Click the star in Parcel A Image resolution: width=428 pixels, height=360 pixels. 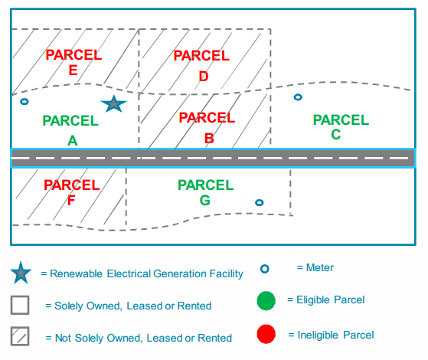click(114, 104)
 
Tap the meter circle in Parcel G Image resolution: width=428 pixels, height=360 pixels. click(260, 202)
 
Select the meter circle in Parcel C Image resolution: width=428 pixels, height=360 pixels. click(298, 97)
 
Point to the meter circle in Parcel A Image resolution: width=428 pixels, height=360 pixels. click(25, 102)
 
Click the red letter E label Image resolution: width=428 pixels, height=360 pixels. click(74, 70)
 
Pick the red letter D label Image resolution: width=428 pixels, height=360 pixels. click(204, 76)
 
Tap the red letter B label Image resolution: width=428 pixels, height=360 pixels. click(209, 138)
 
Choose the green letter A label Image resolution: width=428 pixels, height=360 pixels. click(73, 141)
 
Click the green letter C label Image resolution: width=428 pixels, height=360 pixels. click(336, 134)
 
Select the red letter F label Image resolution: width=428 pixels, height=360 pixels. click(71, 200)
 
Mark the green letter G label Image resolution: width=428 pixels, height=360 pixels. click(204, 200)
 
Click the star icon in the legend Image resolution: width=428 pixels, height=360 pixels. click(21, 273)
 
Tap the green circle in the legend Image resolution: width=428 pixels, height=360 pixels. click(266, 301)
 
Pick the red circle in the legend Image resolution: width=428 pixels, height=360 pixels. click(266, 334)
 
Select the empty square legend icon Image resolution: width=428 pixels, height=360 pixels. click(20, 305)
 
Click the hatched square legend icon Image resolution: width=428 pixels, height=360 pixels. click(20, 336)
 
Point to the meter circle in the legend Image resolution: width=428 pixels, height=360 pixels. click(264, 269)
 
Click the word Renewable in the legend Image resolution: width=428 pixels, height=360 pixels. click(76, 273)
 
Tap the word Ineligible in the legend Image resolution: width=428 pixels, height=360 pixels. click(318, 335)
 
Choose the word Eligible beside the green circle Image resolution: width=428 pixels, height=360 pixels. click(313, 300)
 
